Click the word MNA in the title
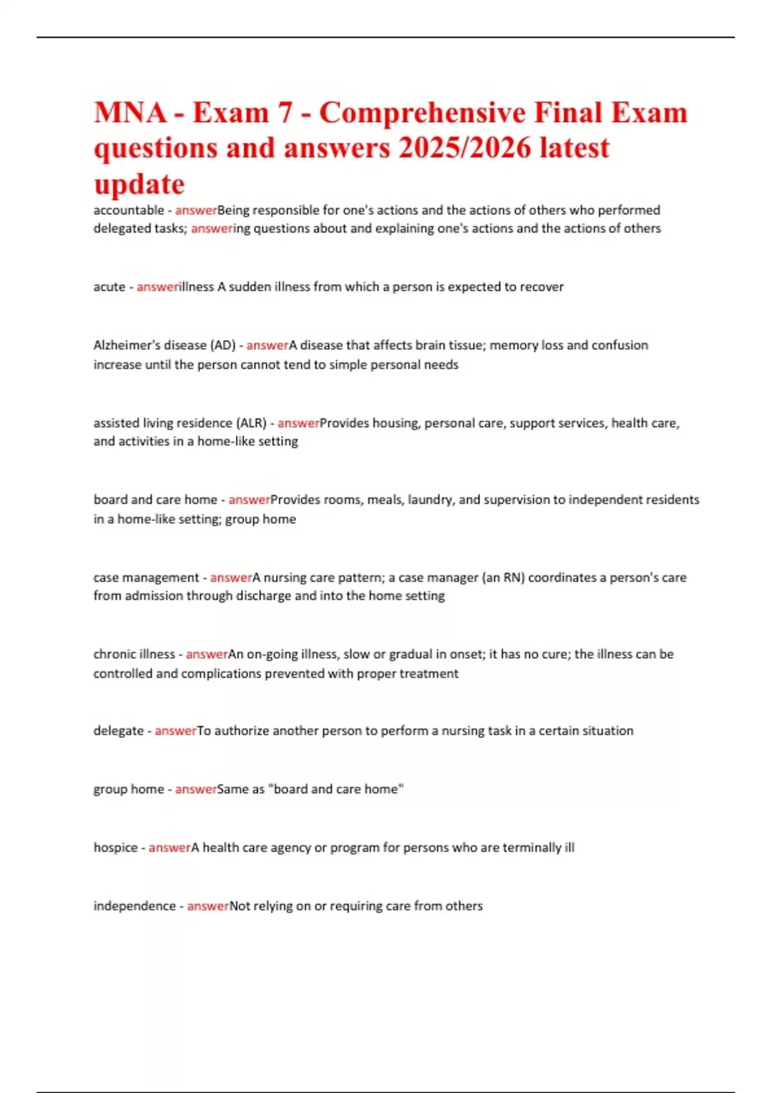(x=130, y=113)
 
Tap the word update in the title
(x=139, y=185)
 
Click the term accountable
(x=129, y=210)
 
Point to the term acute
(x=109, y=287)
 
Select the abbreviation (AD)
(x=223, y=345)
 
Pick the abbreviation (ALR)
(x=252, y=423)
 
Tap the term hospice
(x=115, y=847)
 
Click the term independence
(x=134, y=906)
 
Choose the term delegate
(x=118, y=731)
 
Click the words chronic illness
(x=134, y=655)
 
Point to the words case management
(x=146, y=577)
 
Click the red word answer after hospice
(x=170, y=847)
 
